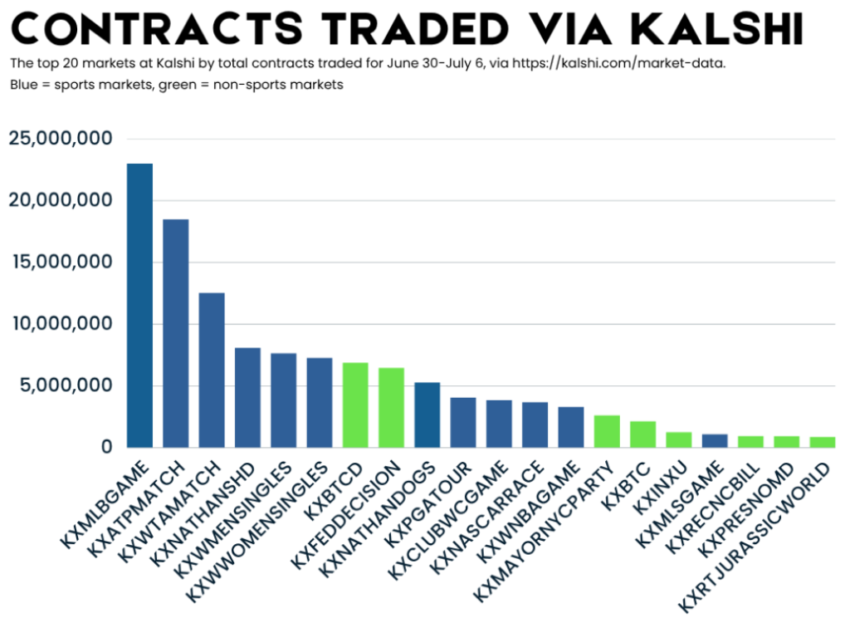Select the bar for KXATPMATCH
coord(175,332)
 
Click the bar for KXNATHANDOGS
coord(427,415)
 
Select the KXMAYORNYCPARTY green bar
coord(607,430)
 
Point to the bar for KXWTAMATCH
coord(212,370)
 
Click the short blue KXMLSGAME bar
coord(715,440)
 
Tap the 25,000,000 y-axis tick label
coord(60,139)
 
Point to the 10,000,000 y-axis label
coord(60,323)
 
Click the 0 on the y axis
coord(106,447)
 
